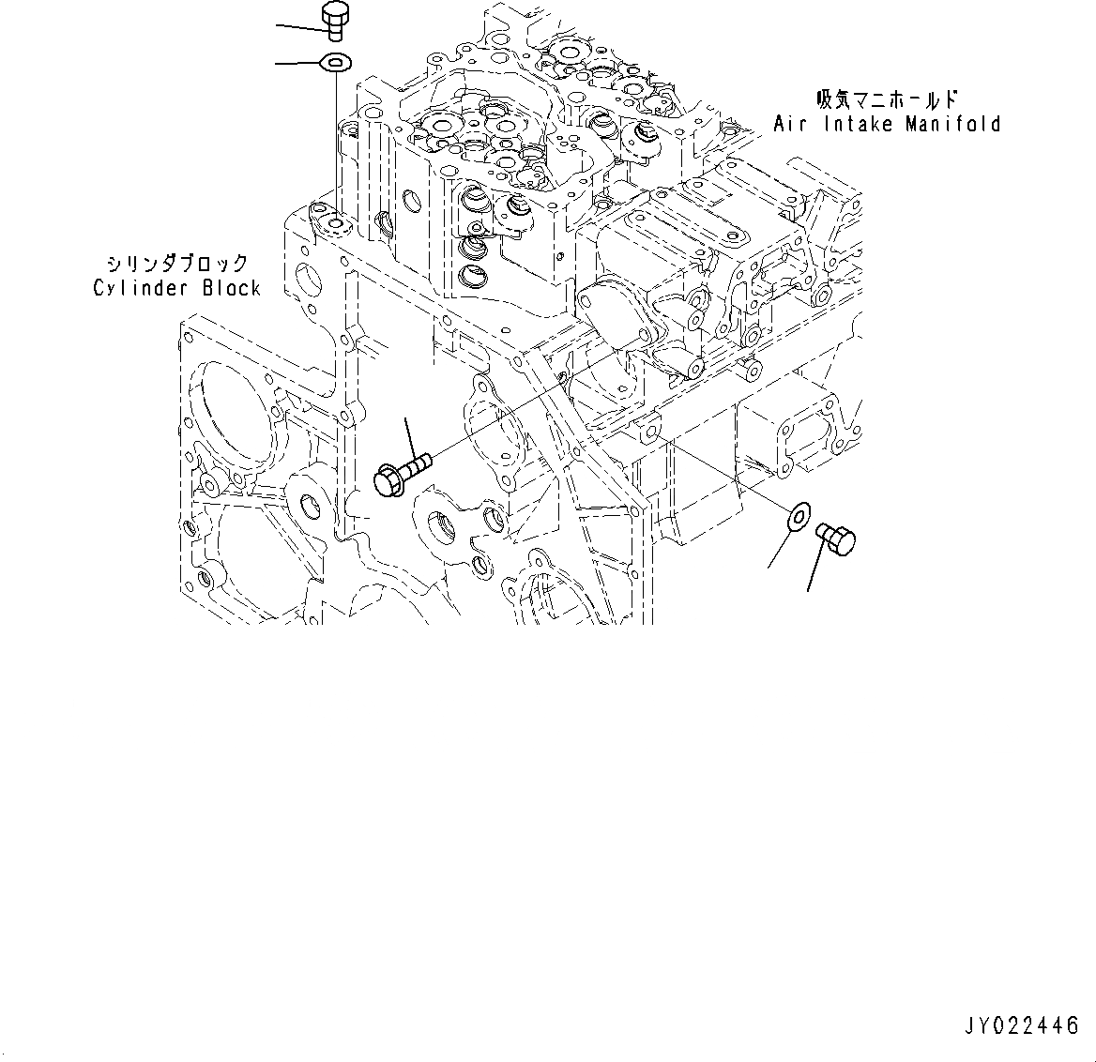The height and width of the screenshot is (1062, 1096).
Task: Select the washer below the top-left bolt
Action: (334, 63)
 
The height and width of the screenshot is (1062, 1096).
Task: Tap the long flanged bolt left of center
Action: (401, 471)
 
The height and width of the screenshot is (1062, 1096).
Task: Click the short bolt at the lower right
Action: (834, 540)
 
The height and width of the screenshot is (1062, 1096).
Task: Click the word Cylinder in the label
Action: (142, 288)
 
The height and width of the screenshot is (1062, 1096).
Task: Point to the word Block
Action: (231, 288)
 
